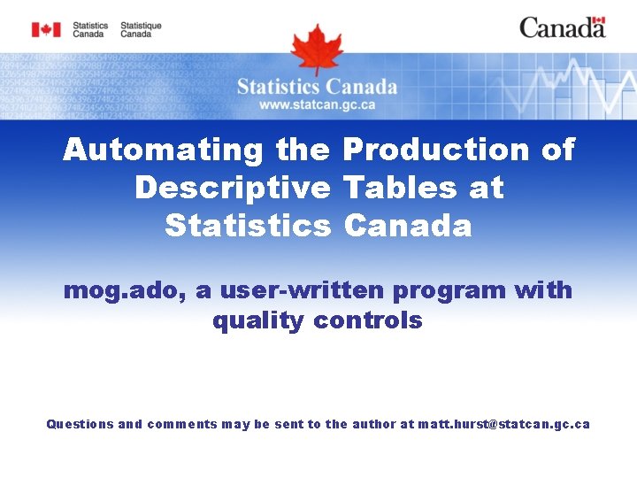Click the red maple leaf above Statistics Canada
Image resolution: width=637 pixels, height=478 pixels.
(317, 48)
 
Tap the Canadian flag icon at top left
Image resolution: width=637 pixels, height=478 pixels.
(46, 30)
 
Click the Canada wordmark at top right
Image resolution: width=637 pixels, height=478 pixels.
(562, 28)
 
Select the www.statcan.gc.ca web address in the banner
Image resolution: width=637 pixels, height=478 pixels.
(317, 104)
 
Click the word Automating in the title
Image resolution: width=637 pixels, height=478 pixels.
(163, 150)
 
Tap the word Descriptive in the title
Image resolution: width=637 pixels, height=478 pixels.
(232, 188)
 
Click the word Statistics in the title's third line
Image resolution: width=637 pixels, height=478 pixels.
(247, 226)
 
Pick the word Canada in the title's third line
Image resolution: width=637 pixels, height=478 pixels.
(408, 226)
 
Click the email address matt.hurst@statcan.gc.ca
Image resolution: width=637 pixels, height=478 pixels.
(503, 424)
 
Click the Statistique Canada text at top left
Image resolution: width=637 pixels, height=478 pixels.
(141, 30)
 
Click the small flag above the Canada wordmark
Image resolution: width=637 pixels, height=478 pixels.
(598, 20)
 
